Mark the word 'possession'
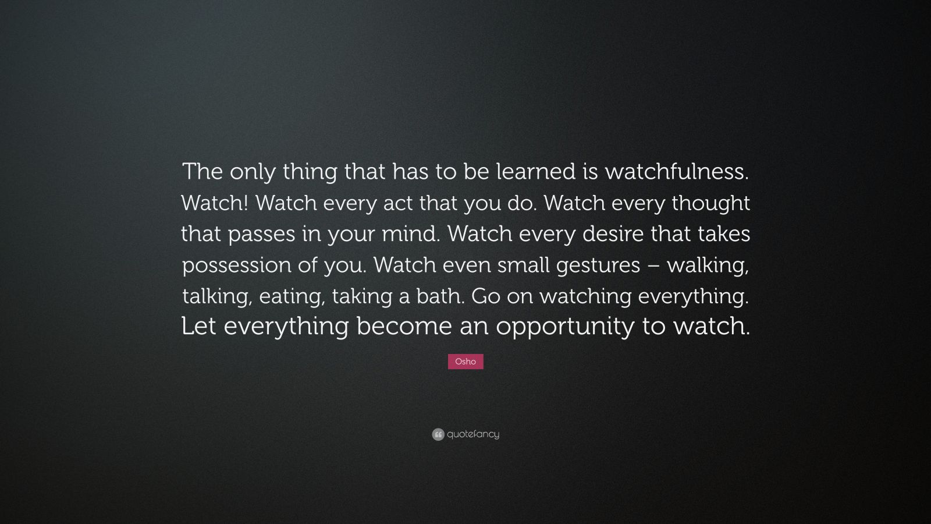pos(236,265)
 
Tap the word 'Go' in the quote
pos(486,296)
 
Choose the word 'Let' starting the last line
pos(199,327)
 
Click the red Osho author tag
pos(465,362)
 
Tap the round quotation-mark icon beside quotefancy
pos(438,434)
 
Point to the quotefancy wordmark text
pos(473,434)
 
